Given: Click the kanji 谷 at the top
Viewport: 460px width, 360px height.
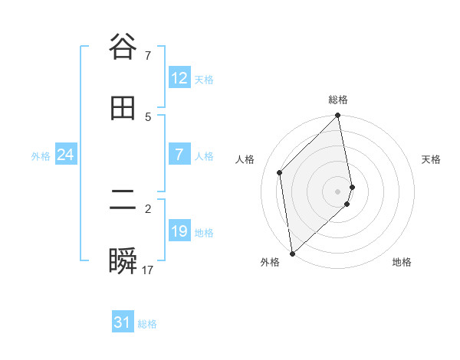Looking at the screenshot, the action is (123, 47).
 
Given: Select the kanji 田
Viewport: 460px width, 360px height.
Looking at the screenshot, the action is (123, 109).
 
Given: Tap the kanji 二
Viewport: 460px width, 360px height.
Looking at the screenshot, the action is (123, 201).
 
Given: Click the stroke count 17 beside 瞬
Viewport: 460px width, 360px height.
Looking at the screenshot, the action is (148, 270).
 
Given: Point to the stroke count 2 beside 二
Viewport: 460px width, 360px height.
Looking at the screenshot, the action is (148, 208).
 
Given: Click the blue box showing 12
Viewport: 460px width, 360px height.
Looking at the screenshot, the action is (179, 78).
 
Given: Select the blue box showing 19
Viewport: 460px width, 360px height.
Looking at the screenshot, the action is (179, 231).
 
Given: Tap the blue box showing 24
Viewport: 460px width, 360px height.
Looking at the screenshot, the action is (65, 155).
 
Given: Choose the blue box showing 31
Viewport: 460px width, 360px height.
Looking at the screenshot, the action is (123, 322).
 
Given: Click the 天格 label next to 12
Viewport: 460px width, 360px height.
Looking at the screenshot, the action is (204, 80).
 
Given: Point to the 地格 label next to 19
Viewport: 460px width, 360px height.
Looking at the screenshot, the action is (204, 233).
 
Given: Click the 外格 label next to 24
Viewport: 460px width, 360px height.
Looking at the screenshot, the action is (41, 156).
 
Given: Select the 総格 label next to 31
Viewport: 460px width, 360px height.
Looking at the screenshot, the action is (147, 324).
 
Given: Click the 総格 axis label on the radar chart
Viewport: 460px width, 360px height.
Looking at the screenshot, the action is (338, 100).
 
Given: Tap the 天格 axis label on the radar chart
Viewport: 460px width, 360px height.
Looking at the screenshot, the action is (432, 159).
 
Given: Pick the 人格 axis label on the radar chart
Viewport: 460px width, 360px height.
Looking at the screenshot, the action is (245, 159).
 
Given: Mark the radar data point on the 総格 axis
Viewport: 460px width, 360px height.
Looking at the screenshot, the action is (338, 116).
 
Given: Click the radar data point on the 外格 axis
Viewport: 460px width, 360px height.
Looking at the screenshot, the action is (291, 253).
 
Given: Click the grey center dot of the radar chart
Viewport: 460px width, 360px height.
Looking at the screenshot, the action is (338, 191).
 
